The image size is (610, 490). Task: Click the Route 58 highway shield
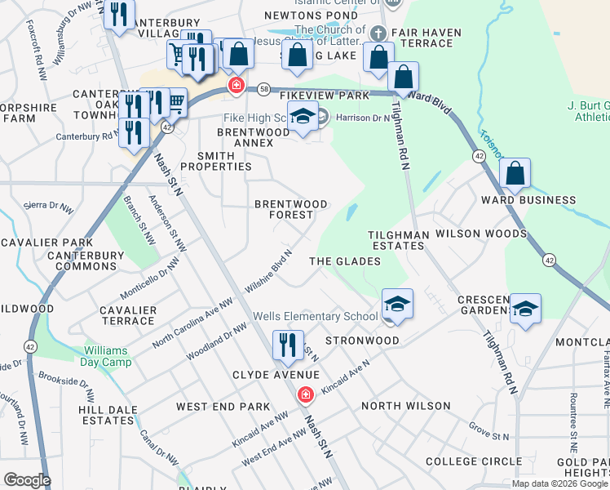263,88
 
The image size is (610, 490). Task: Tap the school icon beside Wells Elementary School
397,305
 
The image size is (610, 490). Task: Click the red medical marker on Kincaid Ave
306,395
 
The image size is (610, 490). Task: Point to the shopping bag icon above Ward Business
515,174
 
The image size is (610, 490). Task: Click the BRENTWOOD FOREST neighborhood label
291,209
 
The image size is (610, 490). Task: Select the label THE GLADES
345,261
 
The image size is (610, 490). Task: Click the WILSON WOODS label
481,234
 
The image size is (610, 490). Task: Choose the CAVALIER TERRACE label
127,315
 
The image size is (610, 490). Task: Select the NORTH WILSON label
405,406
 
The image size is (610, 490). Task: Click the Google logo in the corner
27,480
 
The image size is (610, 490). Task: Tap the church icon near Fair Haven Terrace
377,33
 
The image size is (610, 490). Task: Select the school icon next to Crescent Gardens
526,310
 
